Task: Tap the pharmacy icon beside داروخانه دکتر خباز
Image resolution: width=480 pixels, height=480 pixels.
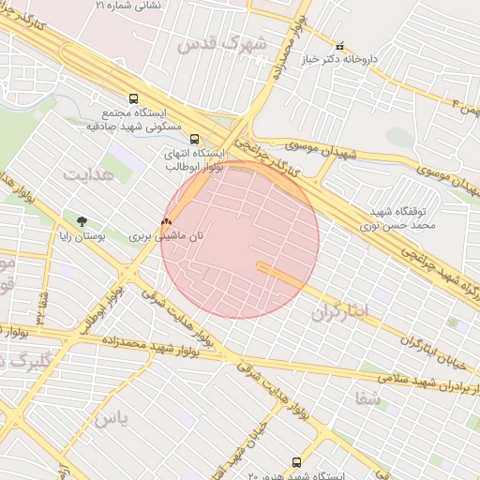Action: click(x=339, y=44)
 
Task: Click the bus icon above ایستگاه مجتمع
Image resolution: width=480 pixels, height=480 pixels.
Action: click(x=133, y=97)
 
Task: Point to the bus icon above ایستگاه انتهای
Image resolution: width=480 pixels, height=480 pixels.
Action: click(x=195, y=139)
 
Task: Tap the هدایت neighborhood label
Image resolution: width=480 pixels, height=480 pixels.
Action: click(x=88, y=174)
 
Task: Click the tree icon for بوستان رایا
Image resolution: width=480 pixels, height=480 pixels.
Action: click(x=83, y=222)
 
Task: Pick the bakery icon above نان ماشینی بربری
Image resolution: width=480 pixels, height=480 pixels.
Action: click(x=166, y=223)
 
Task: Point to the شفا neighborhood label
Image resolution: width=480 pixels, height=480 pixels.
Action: click(x=368, y=397)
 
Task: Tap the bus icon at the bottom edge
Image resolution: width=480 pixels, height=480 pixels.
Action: click(x=296, y=462)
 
